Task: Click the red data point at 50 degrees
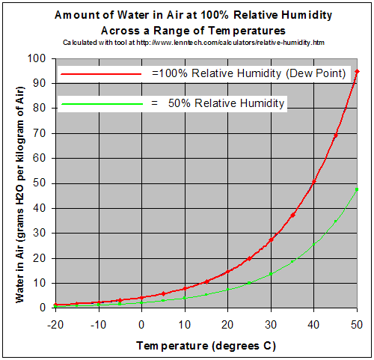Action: pos(357,71)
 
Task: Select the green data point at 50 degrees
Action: pos(357,189)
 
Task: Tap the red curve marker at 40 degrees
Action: pos(313,181)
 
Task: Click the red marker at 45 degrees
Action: pos(335,135)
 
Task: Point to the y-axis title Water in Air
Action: pos(20,183)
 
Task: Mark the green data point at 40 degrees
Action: pos(313,244)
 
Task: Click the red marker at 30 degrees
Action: pos(270,240)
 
